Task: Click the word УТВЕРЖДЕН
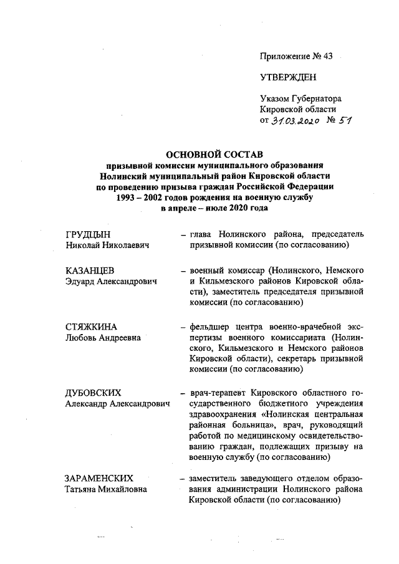coord(288,77)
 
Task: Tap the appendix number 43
coord(328,57)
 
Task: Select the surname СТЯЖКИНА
coord(91,327)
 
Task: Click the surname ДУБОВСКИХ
coord(93,393)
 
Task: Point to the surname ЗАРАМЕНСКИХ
coord(99,478)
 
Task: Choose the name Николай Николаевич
coord(108,246)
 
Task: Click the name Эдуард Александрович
coord(111,282)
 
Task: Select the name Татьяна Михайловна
coord(105,489)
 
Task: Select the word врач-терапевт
coord(216,393)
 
